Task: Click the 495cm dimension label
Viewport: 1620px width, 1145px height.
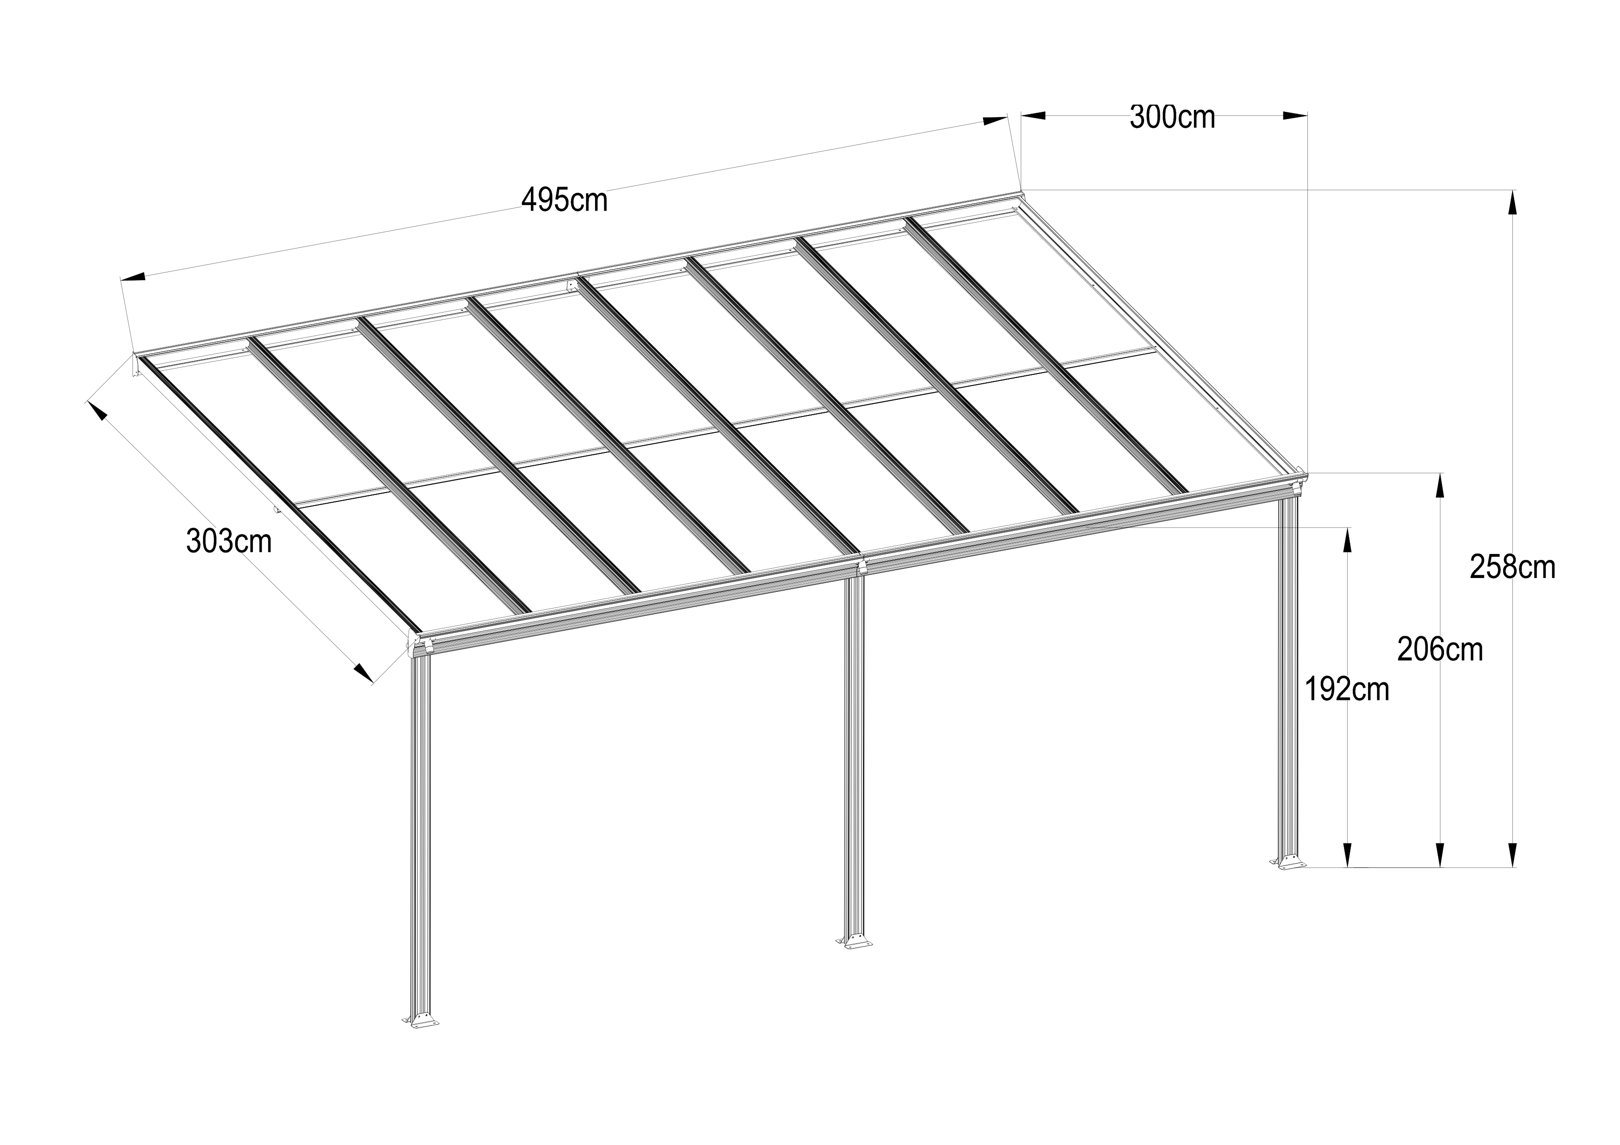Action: tap(565, 200)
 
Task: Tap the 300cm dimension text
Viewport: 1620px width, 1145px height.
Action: tap(1172, 117)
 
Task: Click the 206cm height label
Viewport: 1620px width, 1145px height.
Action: tap(1440, 649)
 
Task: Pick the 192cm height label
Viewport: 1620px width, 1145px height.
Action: tap(1346, 689)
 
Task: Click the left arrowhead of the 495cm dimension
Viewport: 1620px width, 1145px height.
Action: tap(133, 277)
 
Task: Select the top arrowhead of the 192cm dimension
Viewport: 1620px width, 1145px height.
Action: tap(1347, 540)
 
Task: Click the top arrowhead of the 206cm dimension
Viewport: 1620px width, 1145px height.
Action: tap(1439, 485)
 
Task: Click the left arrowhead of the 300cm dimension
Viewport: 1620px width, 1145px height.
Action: tap(1033, 116)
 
